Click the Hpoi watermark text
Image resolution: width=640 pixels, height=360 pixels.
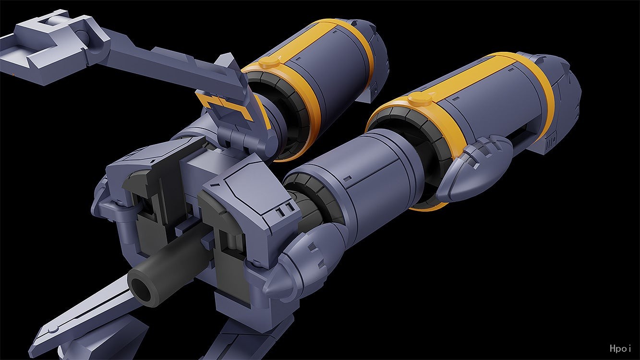(x=620, y=348)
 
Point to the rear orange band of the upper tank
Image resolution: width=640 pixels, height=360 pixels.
(x=354, y=48)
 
